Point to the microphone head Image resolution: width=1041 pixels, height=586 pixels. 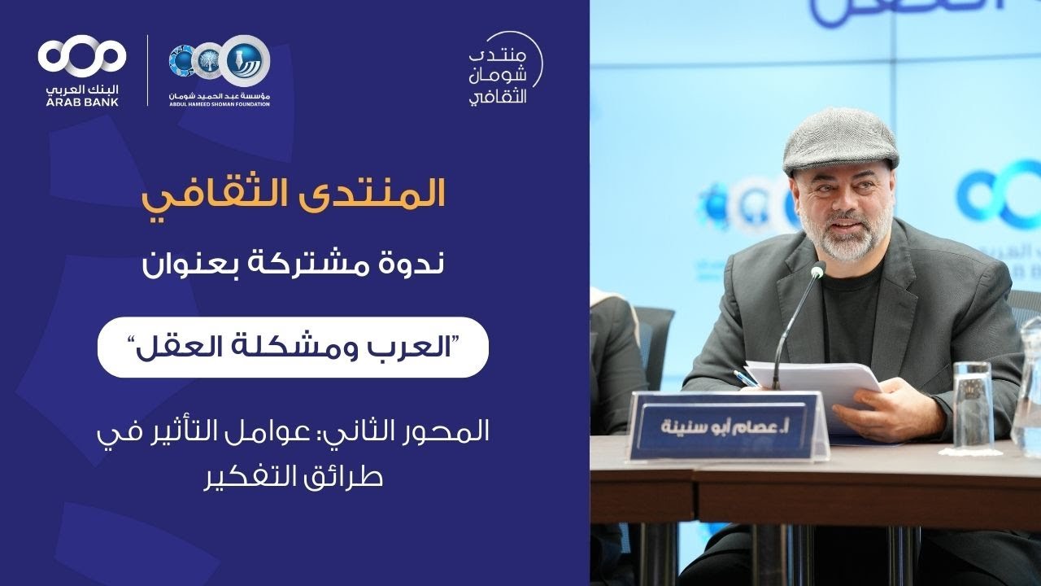[817, 269]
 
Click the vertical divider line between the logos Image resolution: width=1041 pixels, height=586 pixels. [146, 70]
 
